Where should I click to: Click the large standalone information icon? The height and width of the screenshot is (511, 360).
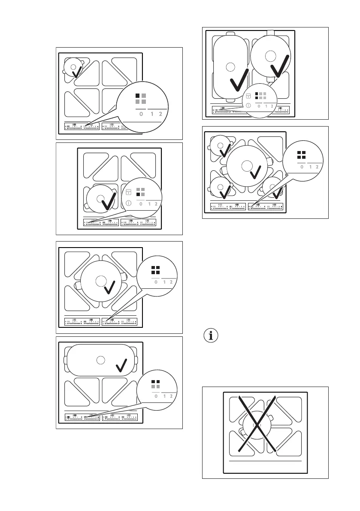coord(210,336)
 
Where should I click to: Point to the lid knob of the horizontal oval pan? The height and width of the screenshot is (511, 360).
coord(100,360)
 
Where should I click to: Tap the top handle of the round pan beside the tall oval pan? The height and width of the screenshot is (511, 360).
coord(270,33)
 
